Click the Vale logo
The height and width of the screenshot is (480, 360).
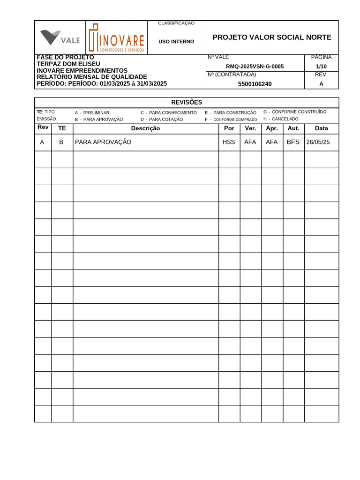tap(60, 37)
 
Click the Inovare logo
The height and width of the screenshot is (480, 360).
tap(117, 37)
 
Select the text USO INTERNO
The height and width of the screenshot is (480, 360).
tap(176, 42)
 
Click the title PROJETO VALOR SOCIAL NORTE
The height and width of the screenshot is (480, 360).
tap(272, 37)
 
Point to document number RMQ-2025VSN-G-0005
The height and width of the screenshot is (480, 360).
tap(255, 67)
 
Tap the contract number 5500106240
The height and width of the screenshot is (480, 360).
tap(255, 84)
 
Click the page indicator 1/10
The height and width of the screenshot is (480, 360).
tap(321, 67)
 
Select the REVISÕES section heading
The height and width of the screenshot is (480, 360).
tap(187, 102)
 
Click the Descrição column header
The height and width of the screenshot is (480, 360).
tap(145, 128)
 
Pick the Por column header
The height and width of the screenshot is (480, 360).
tap(229, 128)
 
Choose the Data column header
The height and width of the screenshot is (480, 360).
tap(321, 128)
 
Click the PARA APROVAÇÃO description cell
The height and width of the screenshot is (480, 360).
tap(103, 142)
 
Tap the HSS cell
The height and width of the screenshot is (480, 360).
tap(229, 142)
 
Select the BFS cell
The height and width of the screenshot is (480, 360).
tap(293, 142)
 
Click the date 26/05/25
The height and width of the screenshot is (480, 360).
tap(318, 142)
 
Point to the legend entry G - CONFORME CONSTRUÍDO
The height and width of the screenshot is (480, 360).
tap(295, 112)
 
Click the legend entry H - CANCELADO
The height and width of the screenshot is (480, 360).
tap(281, 119)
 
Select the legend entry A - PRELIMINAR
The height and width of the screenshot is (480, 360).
tap(92, 113)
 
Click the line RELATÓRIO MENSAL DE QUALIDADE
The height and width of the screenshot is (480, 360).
tap(92, 77)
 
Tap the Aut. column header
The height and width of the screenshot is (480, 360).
tap(293, 128)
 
